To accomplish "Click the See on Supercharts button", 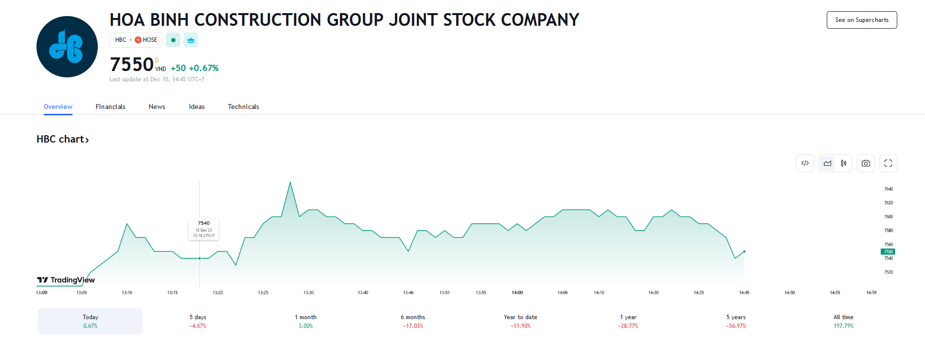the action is point(862,20).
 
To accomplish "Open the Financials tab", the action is point(110,107).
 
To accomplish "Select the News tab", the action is point(157,107).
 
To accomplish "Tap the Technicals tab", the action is point(243,107).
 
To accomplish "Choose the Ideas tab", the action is point(197,107).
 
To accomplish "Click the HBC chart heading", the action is point(63,139).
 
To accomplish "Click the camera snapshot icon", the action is point(866,163).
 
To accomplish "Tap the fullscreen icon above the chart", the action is point(888,163).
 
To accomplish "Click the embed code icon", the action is point(805,163).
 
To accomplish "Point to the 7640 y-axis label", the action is point(889,189).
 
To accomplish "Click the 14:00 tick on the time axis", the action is point(517,292).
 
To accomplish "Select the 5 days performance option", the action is point(198,321).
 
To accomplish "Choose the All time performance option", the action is point(843,321).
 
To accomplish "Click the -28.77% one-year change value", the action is point(628,326).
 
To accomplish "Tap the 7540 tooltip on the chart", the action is point(204,229).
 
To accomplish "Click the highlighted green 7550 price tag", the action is point(888,252).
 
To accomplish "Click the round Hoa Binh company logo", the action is point(67,47).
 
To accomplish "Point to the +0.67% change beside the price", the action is point(204,68).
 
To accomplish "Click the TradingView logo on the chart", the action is point(66,280).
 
